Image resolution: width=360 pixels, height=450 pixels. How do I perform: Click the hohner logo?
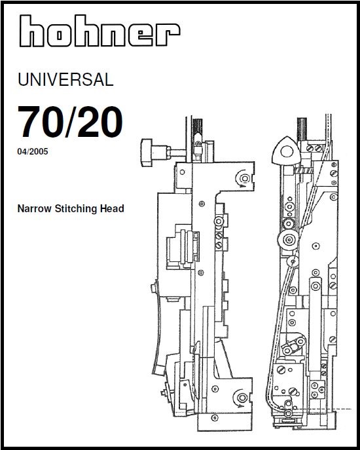[100, 31]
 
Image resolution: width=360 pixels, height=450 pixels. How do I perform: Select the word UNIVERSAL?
[65, 79]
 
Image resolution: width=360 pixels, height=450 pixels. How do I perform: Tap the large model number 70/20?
[71, 122]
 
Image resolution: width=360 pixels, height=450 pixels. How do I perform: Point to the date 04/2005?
[33, 151]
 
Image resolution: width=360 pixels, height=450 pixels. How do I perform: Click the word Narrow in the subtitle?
[35, 208]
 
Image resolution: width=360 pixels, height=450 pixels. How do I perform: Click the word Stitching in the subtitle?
[76, 209]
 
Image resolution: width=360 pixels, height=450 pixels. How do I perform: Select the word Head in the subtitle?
[112, 208]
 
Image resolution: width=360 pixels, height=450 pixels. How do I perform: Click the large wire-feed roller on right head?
[288, 239]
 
